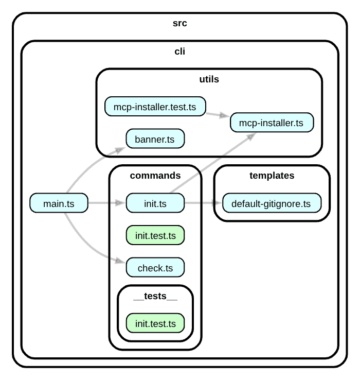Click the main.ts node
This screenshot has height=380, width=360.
coord(59,203)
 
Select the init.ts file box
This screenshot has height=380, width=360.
coord(155,203)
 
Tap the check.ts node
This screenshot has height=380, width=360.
coord(155,268)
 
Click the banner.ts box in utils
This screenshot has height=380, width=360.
coord(155,139)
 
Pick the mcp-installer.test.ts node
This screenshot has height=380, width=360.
coord(155,107)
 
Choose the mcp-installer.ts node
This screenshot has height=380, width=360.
coord(272,123)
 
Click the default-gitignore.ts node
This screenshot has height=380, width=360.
coord(271,203)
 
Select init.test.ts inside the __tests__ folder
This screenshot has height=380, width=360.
coord(155,323)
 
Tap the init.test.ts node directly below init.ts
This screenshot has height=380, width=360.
coord(155,235)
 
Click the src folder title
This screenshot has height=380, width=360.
coord(180,24)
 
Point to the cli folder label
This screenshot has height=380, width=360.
coord(180,51)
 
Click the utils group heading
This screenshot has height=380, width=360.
coord(209,79)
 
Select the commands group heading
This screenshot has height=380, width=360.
coord(155,176)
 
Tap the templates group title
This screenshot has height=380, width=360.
coord(272,176)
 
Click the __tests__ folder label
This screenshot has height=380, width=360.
coord(155,296)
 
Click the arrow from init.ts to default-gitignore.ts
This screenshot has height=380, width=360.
coord(203,203)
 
